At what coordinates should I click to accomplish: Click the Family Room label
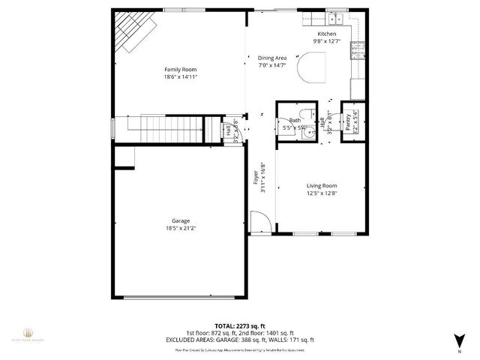[180, 70]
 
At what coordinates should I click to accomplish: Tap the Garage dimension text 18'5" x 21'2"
[180, 228]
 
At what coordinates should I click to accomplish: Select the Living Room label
[321, 186]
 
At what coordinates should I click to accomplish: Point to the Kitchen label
[327, 34]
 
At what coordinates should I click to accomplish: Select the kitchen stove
[358, 49]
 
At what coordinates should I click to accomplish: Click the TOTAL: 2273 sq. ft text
[239, 326]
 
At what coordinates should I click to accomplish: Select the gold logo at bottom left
[28, 333]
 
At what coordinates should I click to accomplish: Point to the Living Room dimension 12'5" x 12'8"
[321, 193]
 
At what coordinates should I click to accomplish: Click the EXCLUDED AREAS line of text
[239, 340]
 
